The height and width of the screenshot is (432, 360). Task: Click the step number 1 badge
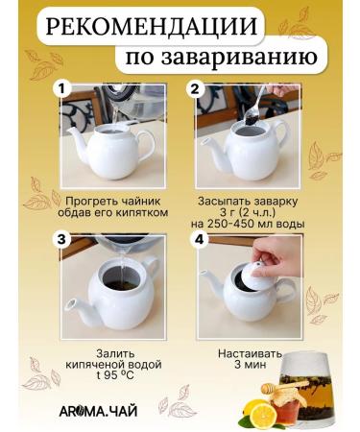(63, 89)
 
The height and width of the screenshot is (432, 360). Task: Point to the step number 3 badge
(63, 239)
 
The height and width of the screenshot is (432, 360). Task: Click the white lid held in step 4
(252, 275)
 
